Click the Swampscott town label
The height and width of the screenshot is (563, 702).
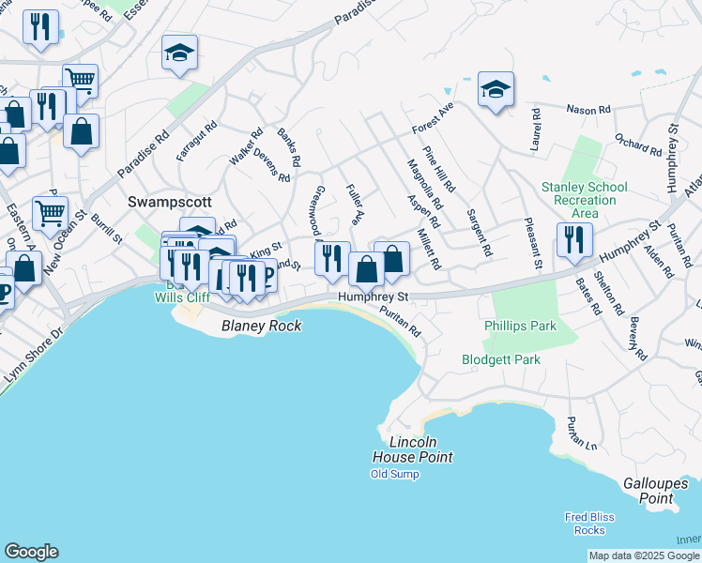point(170,202)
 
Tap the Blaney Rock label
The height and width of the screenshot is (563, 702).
point(261,326)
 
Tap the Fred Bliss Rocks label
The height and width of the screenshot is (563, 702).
point(589,524)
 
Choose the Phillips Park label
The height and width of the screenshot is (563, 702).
point(520,326)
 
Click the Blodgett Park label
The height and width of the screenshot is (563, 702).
point(501,359)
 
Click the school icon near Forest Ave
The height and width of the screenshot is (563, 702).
point(496,90)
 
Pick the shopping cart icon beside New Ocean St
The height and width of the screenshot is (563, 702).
point(50,212)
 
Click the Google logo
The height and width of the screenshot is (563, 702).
point(31,552)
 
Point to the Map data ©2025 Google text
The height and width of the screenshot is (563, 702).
point(643,555)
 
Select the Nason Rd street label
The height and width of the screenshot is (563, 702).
point(588,110)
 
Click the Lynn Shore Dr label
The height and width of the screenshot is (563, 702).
point(31,358)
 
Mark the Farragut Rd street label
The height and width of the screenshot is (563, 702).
point(198,140)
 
